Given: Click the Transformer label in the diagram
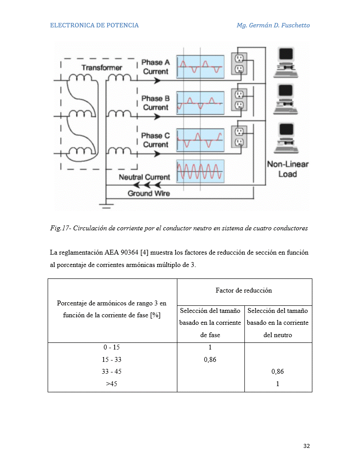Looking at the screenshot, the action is click(x=102, y=68).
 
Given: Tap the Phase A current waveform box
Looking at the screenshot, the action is click(x=200, y=67).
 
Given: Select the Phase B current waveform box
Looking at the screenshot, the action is click(x=200, y=103).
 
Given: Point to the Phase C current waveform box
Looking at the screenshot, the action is click(x=200, y=140).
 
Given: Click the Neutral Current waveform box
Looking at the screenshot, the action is click(x=200, y=172).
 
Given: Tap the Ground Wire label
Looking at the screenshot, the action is click(x=149, y=193).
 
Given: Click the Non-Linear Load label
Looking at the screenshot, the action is click(x=288, y=169).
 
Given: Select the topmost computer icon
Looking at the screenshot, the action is click(x=286, y=62).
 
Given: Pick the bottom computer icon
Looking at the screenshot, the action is click(x=286, y=138).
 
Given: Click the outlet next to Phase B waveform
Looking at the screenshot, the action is click(x=239, y=100).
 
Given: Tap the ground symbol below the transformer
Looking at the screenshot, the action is click(x=106, y=206).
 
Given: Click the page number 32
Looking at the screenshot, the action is click(x=307, y=446).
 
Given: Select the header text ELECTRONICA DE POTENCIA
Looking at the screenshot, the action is click(x=94, y=25).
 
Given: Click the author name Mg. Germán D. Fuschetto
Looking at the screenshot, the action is click(x=273, y=25).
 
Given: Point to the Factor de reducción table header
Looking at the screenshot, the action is click(x=244, y=290).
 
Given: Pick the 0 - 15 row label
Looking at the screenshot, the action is click(x=111, y=347).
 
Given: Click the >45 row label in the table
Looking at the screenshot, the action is click(x=111, y=383).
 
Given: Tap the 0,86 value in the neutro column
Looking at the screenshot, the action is click(x=277, y=372).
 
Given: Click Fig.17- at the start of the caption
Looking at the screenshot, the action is click(x=60, y=228).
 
